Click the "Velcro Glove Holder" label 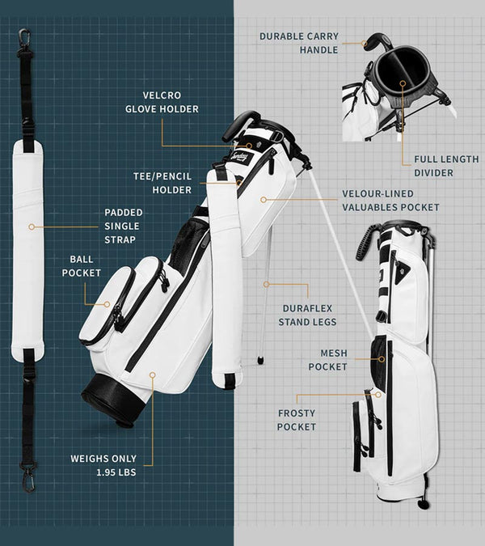click(162, 102)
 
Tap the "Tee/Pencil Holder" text click(162, 183)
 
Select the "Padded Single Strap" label click(124, 226)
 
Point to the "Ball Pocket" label click(82, 266)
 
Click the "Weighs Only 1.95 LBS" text click(103, 465)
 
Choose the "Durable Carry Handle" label click(299, 43)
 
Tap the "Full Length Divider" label click(446, 166)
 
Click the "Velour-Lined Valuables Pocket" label click(390, 201)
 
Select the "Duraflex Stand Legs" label click(307, 315)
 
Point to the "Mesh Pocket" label click(327, 360)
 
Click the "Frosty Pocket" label click(297, 420)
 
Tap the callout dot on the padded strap click(32, 226)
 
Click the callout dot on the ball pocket click(108, 304)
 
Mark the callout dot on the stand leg click(266, 285)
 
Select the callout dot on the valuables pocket click(264, 200)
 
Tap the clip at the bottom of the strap click(28, 480)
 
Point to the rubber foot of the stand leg click(259, 360)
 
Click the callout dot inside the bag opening click(403, 83)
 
